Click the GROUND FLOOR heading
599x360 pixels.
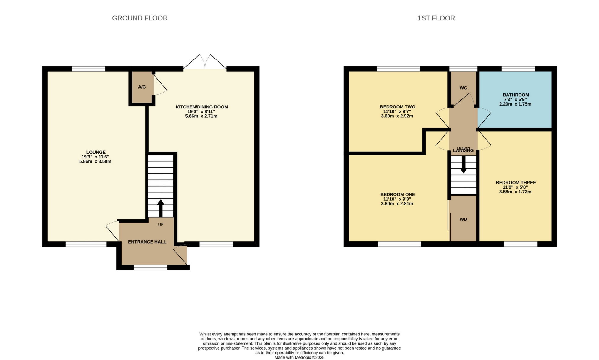pos(140,18)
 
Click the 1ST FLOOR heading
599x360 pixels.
pos(436,18)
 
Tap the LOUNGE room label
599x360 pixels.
pos(96,152)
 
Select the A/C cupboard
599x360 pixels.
pos(142,87)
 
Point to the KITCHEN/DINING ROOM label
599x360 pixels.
pos(202,107)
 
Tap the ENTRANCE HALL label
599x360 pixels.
pos(147,242)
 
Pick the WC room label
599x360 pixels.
pos(463,88)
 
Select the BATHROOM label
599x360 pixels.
pos(516,95)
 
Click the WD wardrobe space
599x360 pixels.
pos(463,219)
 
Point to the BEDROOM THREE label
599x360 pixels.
pos(516,183)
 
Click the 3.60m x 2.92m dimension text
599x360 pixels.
pos(397,116)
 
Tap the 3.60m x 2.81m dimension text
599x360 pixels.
pos(397,204)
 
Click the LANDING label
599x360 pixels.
pos(463,151)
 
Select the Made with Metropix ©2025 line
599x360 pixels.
pos(299,357)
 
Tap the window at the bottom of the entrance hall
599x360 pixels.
pos(151,267)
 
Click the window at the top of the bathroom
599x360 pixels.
pos(518,69)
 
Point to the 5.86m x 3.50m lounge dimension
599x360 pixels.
pos(95,161)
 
